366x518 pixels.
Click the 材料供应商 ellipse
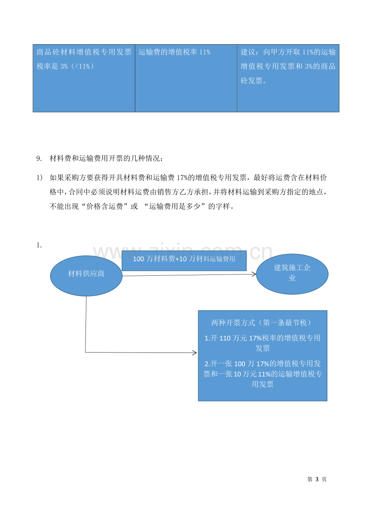click(x=86, y=276)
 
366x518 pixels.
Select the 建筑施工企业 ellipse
click(x=292, y=274)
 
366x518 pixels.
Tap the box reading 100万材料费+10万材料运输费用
click(x=184, y=261)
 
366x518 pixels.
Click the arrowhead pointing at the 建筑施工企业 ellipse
click(x=254, y=274)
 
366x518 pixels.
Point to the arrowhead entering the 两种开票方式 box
click(x=195, y=352)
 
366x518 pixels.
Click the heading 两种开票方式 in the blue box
click(x=233, y=323)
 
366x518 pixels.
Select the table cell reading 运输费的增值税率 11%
click(x=186, y=78)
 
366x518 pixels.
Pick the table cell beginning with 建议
click(x=288, y=78)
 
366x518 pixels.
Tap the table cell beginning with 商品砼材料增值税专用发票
click(x=84, y=78)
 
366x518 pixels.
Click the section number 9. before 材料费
click(x=39, y=158)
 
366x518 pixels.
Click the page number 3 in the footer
click(x=317, y=479)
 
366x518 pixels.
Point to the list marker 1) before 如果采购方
click(x=39, y=177)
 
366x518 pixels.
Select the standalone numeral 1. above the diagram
click(x=39, y=245)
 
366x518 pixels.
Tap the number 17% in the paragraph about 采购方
click(x=182, y=177)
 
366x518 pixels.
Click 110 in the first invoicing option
click(x=225, y=338)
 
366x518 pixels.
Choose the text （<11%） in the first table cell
click(x=82, y=66)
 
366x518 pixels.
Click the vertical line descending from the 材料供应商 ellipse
click(x=86, y=324)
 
